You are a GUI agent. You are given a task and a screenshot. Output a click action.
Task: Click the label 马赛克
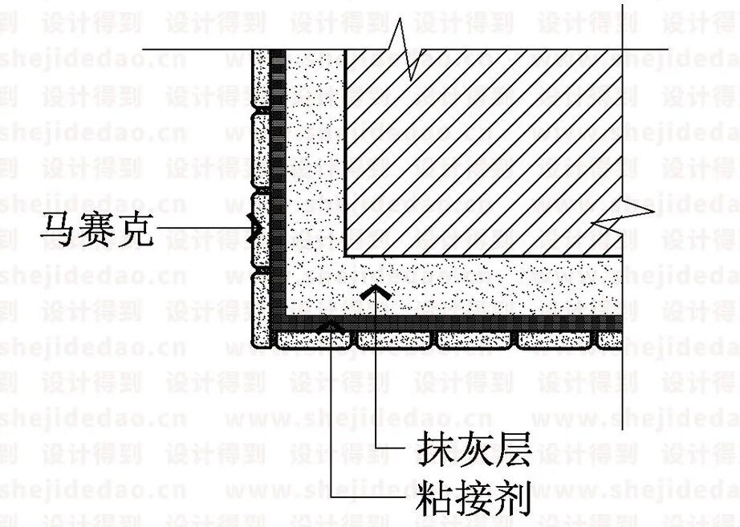[97, 231]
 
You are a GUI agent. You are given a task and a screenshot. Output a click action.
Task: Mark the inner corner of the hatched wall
[346, 256]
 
